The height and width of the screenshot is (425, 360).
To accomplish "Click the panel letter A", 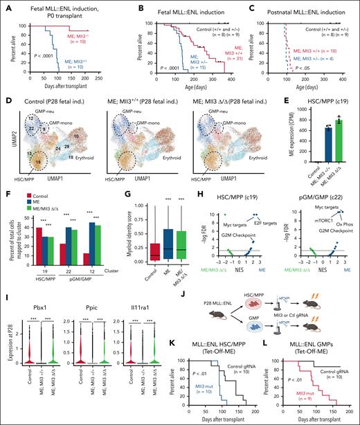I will tap(6, 6).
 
